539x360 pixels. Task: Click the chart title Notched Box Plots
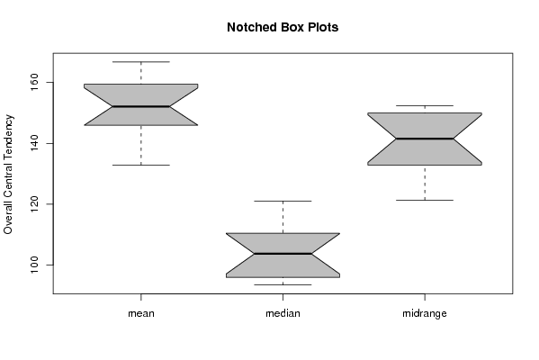tap(283, 28)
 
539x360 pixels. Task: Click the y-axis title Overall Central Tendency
tap(8, 175)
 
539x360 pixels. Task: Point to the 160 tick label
tap(34, 83)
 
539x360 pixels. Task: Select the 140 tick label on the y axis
tap(34, 143)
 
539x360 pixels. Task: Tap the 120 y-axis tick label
tap(34, 204)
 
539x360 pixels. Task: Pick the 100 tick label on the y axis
tap(34, 265)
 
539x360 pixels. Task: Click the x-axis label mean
tap(141, 313)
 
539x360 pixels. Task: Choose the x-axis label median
tap(283, 313)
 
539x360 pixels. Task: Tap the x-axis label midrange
tap(425, 313)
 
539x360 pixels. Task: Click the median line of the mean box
tap(141, 106)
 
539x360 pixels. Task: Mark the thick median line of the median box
tap(283, 254)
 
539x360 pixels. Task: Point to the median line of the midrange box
tap(425, 139)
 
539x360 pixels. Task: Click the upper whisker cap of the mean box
tap(141, 62)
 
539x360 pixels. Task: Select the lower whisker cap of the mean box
tap(141, 165)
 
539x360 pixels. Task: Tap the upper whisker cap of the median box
tap(283, 201)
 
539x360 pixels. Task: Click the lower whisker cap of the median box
tap(283, 284)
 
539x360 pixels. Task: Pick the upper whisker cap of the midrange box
tap(425, 105)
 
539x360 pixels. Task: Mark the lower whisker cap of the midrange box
tap(425, 200)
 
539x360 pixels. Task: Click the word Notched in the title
tap(248, 28)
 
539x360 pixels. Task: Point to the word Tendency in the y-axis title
tap(8, 135)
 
